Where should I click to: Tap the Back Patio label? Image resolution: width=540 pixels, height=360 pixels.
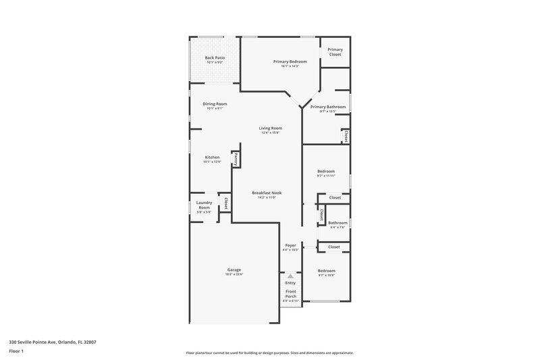(x=215, y=58)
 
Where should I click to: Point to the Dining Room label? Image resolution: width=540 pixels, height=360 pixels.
(x=215, y=104)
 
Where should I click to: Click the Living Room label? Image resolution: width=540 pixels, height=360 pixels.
(x=271, y=128)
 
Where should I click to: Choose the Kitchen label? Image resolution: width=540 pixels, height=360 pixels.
(x=212, y=157)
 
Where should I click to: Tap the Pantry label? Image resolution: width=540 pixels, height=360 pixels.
(x=236, y=159)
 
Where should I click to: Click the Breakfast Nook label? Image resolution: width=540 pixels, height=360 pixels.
(x=267, y=192)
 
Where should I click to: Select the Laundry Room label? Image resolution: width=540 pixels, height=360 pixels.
(x=204, y=205)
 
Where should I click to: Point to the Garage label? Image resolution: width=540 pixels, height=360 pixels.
(x=234, y=269)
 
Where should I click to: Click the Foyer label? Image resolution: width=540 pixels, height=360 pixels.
(x=290, y=245)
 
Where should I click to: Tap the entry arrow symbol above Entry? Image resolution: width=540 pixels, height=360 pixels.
(x=290, y=276)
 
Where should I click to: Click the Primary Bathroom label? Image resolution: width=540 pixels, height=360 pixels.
(x=328, y=107)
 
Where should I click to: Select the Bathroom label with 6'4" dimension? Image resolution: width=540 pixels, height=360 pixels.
(x=337, y=223)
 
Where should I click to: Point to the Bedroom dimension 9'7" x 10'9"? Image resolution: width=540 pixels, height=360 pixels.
(x=326, y=275)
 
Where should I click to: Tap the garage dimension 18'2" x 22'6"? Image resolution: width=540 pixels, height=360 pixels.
(x=234, y=274)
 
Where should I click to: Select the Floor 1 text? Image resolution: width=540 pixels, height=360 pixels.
(x=17, y=352)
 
